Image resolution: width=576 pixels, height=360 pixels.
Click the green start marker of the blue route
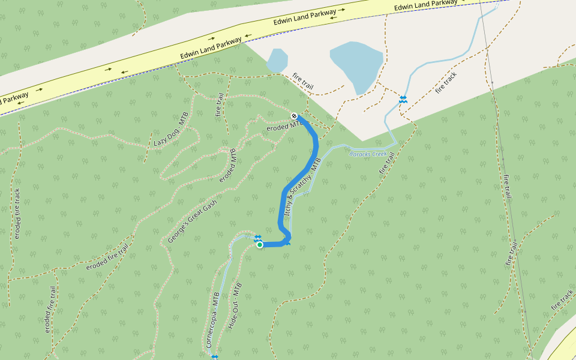coord(260,244)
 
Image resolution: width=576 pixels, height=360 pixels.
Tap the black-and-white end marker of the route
coord(294,115)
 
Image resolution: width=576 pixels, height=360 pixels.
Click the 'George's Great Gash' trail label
coord(192,221)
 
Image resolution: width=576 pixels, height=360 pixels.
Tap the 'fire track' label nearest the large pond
coord(447,82)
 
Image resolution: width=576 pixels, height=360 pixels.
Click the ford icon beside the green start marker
coord(257,238)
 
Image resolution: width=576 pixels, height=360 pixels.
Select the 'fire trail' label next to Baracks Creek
coord(387,163)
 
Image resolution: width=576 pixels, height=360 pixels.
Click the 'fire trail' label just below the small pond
coord(303,82)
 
